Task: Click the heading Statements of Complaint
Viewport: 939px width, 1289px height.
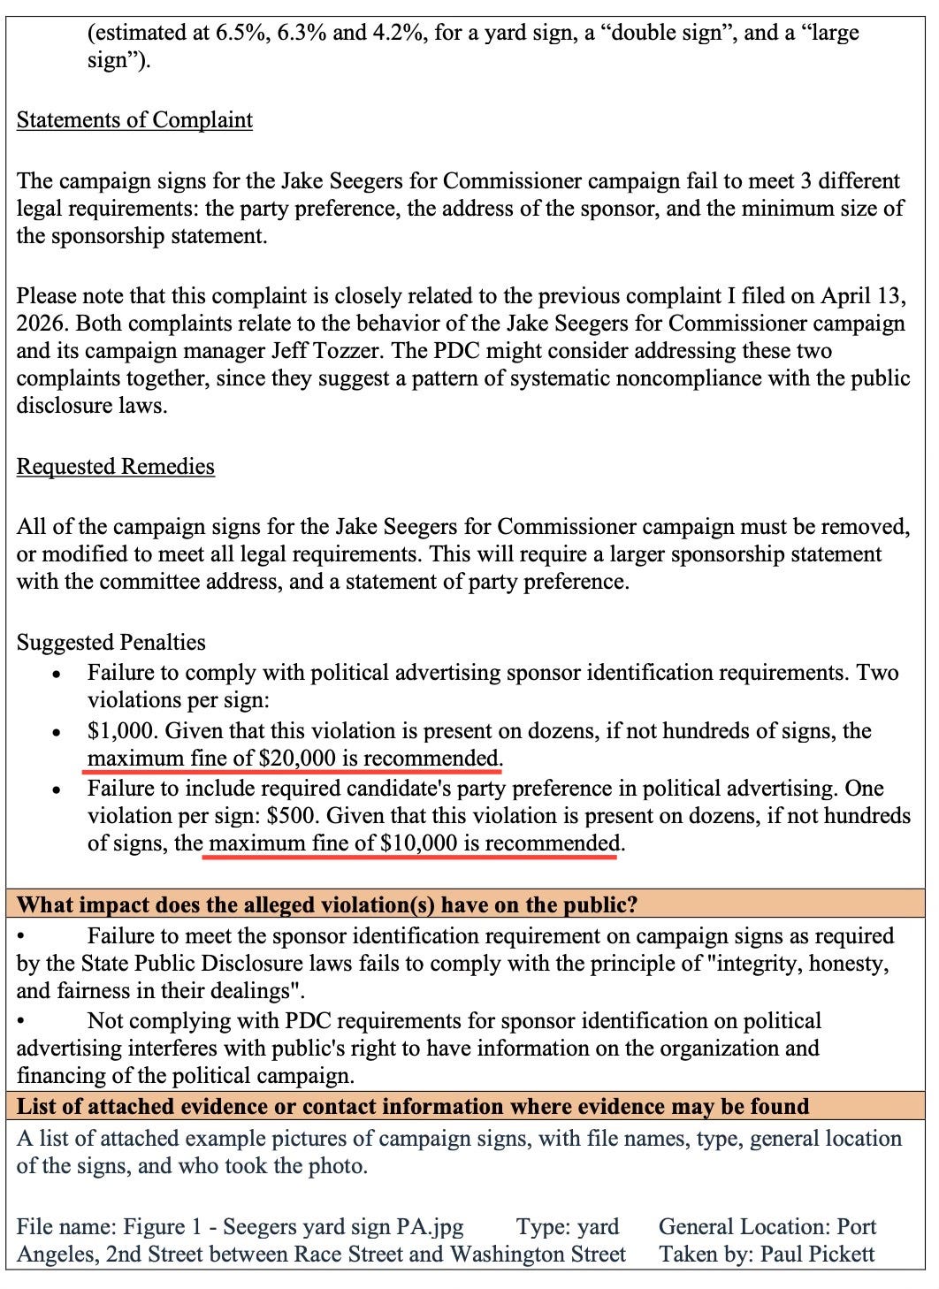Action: tap(134, 120)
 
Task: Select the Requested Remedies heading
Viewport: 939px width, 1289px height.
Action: tap(115, 467)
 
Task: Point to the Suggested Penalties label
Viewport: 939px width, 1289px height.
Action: tap(111, 643)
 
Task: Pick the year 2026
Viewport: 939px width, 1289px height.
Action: tap(39, 324)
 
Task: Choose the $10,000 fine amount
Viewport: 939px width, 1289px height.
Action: tap(418, 843)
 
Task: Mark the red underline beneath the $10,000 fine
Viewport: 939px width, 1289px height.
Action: tap(411, 856)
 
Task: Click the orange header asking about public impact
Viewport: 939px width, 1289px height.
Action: tap(328, 905)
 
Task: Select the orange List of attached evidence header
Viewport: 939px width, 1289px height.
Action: tap(413, 1107)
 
